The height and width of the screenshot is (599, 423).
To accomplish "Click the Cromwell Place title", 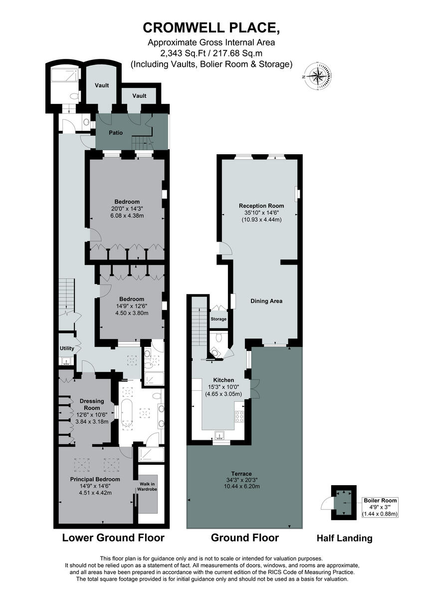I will tap(211, 27).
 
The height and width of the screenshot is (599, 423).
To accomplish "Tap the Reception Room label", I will tap(261, 206).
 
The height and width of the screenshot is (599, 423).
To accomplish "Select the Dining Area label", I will tap(266, 301).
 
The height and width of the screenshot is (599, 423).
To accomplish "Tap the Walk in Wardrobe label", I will tap(148, 486).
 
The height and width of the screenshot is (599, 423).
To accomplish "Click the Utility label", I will tap(67, 348).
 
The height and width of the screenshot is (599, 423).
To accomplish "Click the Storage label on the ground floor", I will tap(218, 319).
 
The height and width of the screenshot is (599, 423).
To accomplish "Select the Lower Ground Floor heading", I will tap(113, 538).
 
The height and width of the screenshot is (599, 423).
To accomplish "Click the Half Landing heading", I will tap(344, 538).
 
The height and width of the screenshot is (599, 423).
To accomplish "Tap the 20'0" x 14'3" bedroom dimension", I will tap(126, 209).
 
